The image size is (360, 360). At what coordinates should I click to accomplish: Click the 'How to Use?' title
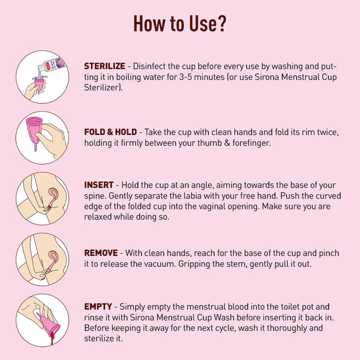(180, 23)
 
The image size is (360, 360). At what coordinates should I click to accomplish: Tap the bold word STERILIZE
(104, 66)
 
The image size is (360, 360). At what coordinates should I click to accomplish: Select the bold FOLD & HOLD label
(110, 132)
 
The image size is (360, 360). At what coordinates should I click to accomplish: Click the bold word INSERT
(99, 185)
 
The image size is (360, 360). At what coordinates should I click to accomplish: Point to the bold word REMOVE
(101, 253)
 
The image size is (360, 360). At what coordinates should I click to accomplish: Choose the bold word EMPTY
(98, 307)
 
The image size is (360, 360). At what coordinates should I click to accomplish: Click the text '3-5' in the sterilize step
(185, 77)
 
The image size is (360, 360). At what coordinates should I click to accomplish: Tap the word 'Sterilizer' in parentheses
(102, 88)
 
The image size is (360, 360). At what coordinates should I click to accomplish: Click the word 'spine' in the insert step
(95, 196)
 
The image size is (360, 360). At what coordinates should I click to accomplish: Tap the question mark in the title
(221, 23)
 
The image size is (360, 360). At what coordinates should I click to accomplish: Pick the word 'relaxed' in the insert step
(98, 217)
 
